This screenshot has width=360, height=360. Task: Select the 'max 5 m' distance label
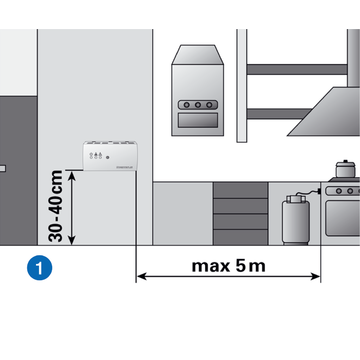[228, 266]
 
